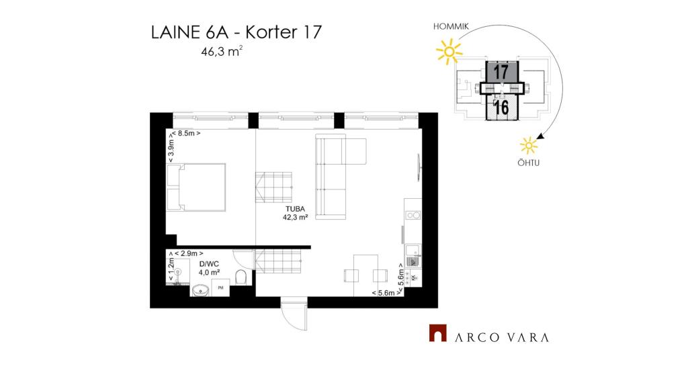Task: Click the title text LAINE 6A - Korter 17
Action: coord(236,32)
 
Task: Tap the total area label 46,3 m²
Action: coord(222,51)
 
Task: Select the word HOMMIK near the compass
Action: coord(451,26)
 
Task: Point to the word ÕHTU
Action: coord(528,163)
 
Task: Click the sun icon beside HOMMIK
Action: coord(449,52)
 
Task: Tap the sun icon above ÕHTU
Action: coord(529,146)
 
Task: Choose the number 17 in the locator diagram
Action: coord(501,72)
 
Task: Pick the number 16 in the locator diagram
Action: coord(501,107)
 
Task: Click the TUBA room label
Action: coord(295,209)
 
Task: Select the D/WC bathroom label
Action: coord(209,264)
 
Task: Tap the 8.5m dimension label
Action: coord(186,133)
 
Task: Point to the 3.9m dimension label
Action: coord(171,148)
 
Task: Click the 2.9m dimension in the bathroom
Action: coord(189,253)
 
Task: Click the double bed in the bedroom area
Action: coord(197,187)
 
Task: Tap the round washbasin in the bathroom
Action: coord(201,290)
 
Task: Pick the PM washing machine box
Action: coord(220,288)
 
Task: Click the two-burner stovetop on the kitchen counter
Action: coord(413,215)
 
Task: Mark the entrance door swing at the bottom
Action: coord(294,314)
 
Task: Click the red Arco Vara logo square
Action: coord(437,333)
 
